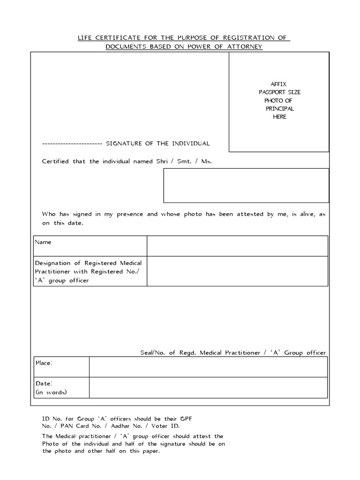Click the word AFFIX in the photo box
click(279, 84)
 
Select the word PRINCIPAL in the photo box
click(279, 109)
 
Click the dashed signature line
click(72, 143)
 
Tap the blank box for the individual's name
click(246, 186)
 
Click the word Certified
click(55, 161)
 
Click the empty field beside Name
click(237, 246)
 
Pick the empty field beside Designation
click(237, 271)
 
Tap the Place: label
click(44, 363)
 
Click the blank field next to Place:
click(208, 367)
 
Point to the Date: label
click(44, 383)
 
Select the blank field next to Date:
click(208, 388)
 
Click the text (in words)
click(51, 392)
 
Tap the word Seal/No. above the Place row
click(153, 352)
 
